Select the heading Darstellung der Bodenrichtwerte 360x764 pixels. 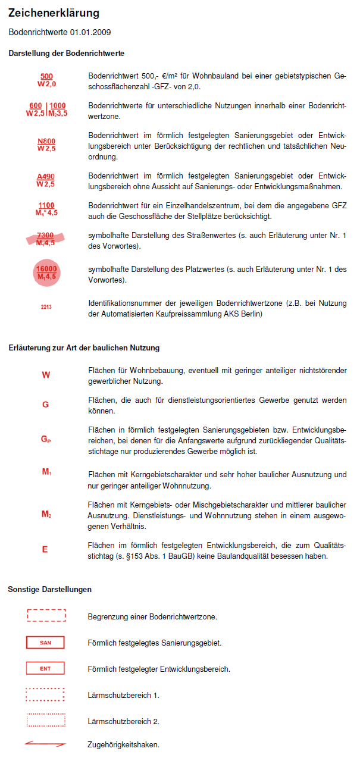(x=66, y=54)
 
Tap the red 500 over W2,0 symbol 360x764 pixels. (x=46, y=80)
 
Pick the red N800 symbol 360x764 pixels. (x=46, y=145)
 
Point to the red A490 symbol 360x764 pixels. (x=46, y=180)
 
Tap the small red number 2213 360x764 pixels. (x=46, y=308)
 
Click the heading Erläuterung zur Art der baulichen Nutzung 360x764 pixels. (x=84, y=347)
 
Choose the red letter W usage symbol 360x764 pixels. (x=46, y=375)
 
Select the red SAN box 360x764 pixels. (x=46, y=643)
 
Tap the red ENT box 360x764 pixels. (x=46, y=669)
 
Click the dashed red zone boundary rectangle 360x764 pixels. (x=46, y=616)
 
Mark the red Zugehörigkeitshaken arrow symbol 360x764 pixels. (x=45, y=744)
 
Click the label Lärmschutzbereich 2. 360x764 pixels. (x=123, y=721)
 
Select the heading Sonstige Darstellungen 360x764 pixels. (x=50, y=589)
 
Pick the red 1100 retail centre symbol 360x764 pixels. (x=46, y=209)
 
